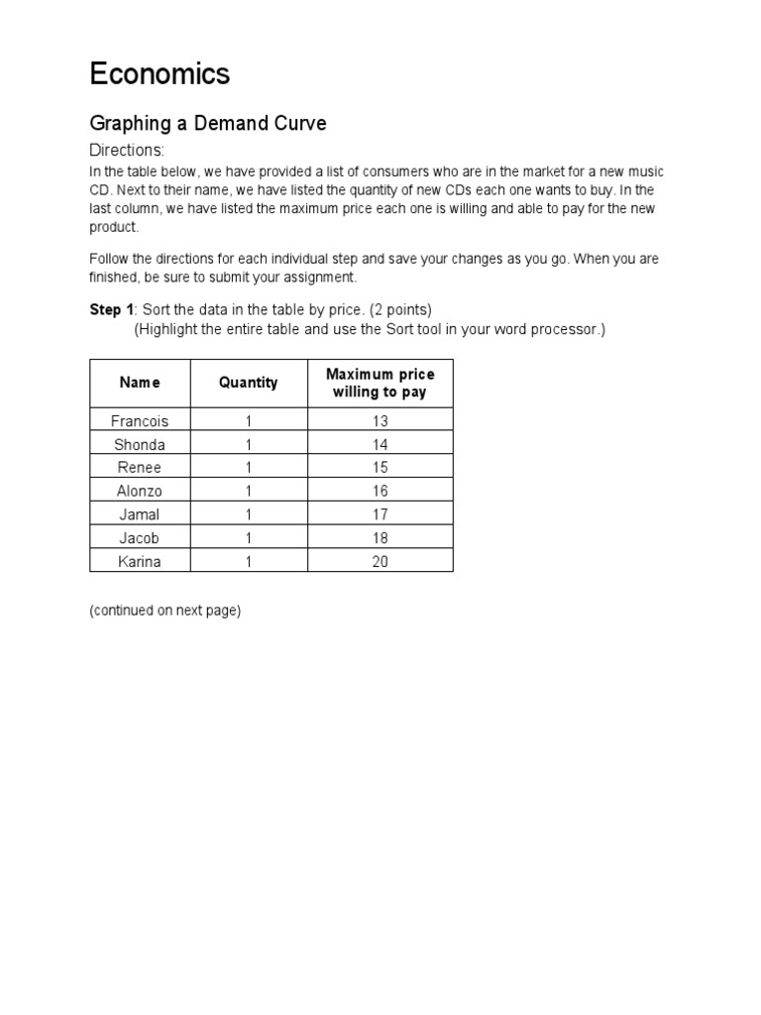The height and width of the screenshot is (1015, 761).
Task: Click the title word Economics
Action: tap(160, 73)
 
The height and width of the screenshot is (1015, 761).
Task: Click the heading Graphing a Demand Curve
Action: tap(207, 124)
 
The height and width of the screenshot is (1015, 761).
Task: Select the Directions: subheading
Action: tap(127, 151)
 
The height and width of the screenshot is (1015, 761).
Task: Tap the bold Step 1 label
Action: tap(111, 310)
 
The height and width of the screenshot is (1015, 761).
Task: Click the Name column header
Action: tap(140, 383)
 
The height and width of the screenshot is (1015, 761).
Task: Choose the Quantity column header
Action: tap(248, 383)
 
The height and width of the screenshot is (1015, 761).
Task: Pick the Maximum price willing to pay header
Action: tap(380, 383)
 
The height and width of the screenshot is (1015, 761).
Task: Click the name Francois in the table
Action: tap(140, 421)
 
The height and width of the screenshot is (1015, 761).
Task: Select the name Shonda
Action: tap(140, 445)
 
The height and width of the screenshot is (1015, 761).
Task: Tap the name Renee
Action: tap(140, 468)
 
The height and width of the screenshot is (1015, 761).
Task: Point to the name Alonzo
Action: tap(140, 492)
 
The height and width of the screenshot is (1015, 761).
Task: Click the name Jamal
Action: tap(140, 514)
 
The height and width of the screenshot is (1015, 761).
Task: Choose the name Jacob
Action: tap(140, 538)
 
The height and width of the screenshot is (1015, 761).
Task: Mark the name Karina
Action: tap(140, 561)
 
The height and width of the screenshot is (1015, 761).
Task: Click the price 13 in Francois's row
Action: tap(380, 421)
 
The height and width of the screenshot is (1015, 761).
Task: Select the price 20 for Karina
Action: tap(380, 561)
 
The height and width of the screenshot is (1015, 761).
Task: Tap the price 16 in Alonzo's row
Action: tap(380, 492)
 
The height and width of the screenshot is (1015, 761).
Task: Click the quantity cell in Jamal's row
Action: tap(249, 514)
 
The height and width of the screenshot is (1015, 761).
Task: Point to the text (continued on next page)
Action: tap(164, 611)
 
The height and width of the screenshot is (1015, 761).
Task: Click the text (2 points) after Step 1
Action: tap(400, 310)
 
